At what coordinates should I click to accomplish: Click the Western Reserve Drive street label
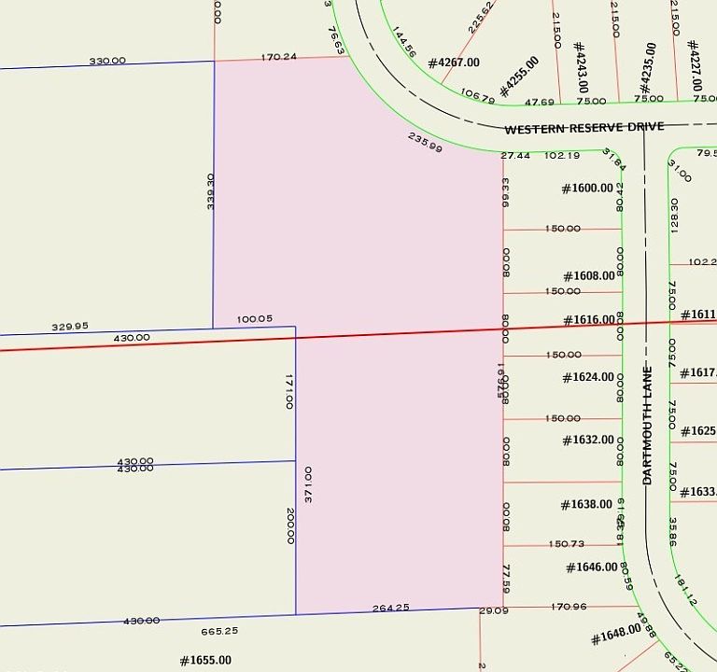(x=584, y=127)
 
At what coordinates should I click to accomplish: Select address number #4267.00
(x=454, y=63)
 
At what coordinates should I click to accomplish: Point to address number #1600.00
(x=587, y=188)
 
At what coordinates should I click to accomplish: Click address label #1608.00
(x=589, y=275)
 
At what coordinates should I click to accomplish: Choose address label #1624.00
(x=588, y=377)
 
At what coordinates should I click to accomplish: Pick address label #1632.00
(x=588, y=440)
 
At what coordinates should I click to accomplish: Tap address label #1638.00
(x=587, y=505)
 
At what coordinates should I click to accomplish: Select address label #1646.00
(x=592, y=567)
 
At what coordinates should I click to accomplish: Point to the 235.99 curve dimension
(x=425, y=142)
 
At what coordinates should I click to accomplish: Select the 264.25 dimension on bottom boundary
(x=391, y=608)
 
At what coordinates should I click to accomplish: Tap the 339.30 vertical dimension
(x=211, y=190)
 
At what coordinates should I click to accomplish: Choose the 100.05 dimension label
(x=255, y=318)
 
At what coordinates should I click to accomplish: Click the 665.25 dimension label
(x=219, y=631)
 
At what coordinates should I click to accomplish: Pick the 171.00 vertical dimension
(x=289, y=392)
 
